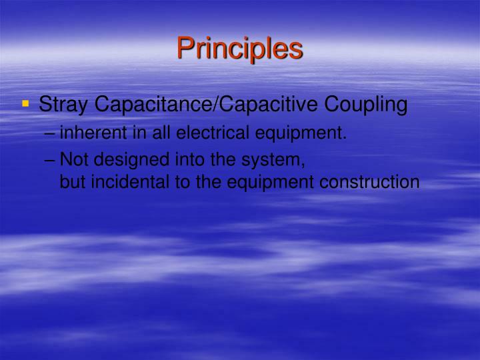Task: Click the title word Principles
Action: [x=240, y=49]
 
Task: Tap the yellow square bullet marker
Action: [x=26, y=104]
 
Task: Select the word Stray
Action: [x=64, y=105]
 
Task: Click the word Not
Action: [x=73, y=160]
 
